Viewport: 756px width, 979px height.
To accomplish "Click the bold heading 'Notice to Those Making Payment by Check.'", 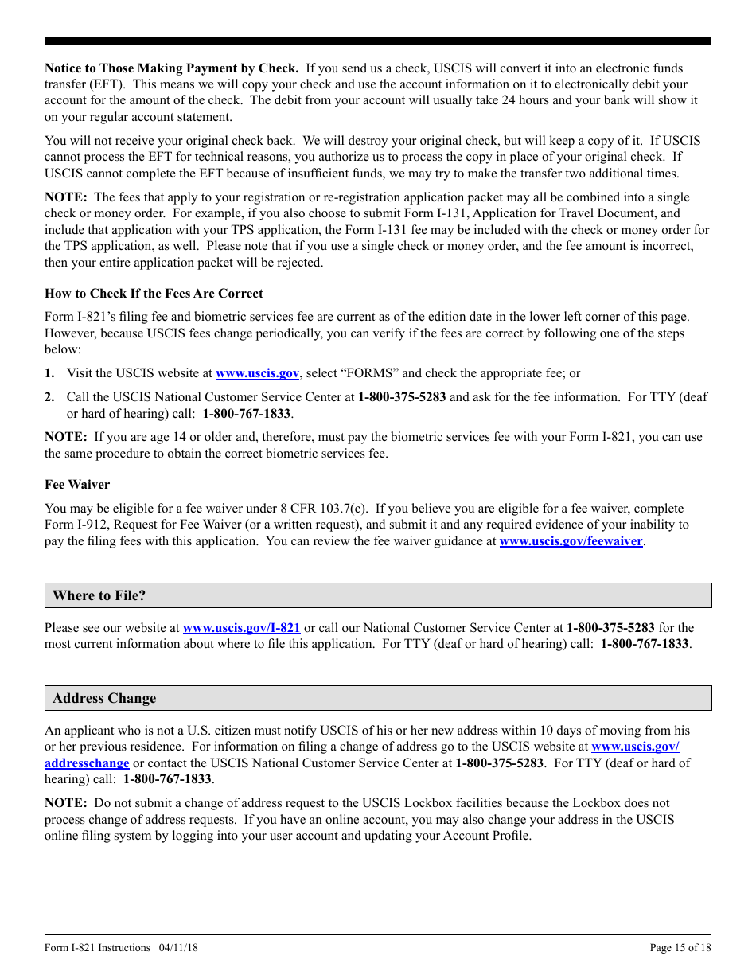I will coord(171,68).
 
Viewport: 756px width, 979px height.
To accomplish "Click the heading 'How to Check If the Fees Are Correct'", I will coord(154,293).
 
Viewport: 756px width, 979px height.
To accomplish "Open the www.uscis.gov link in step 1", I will coord(257,372).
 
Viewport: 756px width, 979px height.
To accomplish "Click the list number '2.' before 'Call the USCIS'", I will coord(49,396).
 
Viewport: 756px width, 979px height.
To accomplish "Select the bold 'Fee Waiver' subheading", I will coord(77,484).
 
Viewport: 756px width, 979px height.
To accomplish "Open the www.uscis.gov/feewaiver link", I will coord(571,541).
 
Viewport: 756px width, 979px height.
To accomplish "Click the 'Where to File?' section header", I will coord(99,595).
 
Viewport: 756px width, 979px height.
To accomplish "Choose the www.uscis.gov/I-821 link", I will coord(241,627).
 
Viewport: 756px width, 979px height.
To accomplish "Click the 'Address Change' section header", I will coord(104,698).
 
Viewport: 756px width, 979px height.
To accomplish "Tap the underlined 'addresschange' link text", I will coord(87,763).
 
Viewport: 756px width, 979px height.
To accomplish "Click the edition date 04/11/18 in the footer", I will coord(178,947).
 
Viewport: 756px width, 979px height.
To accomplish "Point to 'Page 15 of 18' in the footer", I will coord(680,947).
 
